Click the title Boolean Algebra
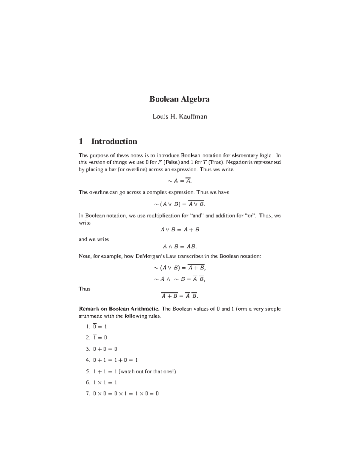click(x=179, y=99)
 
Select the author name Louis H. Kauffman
click(x=179, y=116)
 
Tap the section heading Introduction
click(x=114, y=141)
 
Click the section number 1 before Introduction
click(x=81, y=141)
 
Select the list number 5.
click(x=88, y=371)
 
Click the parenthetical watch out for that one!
click(x=147, y=371)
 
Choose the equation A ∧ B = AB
click(x=179, y=247)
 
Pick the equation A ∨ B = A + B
click(x=180, y=230)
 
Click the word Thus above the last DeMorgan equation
click(x=84, y=289)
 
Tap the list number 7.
click(x=88, y=394)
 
